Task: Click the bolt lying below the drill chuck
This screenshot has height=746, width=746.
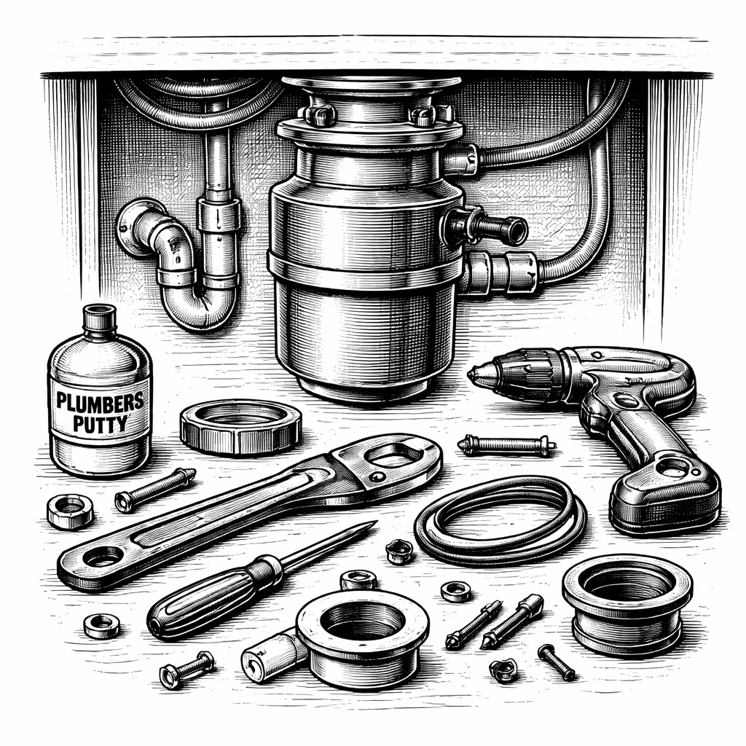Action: tap(506, 444)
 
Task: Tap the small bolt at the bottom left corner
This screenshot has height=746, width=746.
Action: tap(186, 668)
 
